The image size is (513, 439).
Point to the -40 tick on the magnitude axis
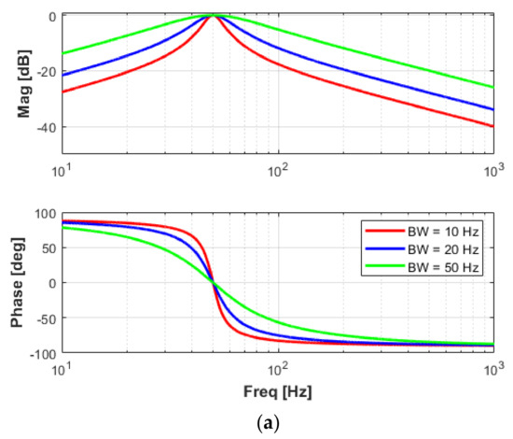[x=45, y=127]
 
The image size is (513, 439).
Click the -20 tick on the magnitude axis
[x=45, y=71]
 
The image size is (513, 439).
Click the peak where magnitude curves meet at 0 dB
[x=214, y=16]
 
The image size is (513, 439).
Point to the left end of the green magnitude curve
[x=62, y=53]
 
